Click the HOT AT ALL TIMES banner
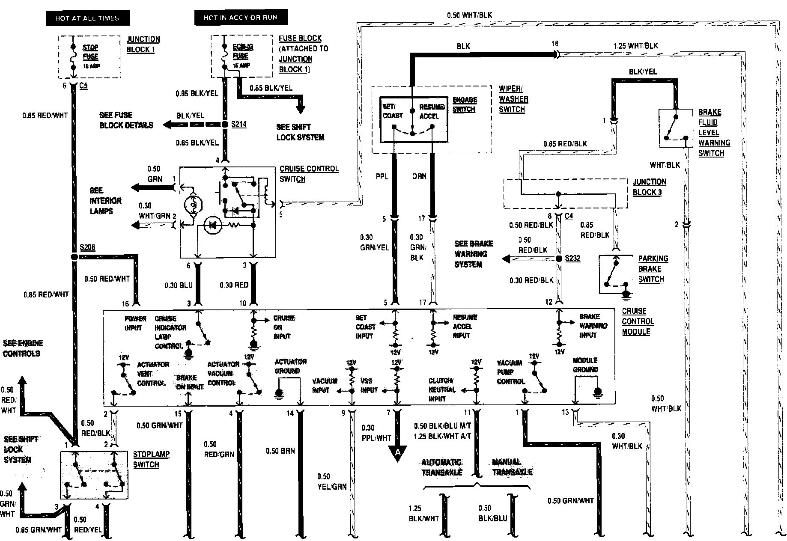(x=87, y=18)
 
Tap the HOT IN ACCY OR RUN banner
(x=240, y=18)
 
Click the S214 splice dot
(x=225, y=125)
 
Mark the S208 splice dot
(x=75, y=257)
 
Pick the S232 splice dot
(x=559, y=259)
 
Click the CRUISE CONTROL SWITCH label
(x=308, y=174)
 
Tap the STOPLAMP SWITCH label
(x=151, y=459)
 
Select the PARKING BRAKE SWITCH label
(x=653, y=269)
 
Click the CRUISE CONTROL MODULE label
(x=638, y=321)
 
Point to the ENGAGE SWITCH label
(x=465, y=104)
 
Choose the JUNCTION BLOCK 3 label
(x=649, y=187)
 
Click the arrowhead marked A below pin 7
(x=398, y=453)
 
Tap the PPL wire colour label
(x=382, y=176)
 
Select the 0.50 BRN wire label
(x=280, y=451)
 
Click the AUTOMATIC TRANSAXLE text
(x=442, y=467)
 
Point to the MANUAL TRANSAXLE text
(x=512, y=467)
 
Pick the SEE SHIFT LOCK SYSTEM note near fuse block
(x=300, y=132)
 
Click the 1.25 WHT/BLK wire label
(x=635, y=46)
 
